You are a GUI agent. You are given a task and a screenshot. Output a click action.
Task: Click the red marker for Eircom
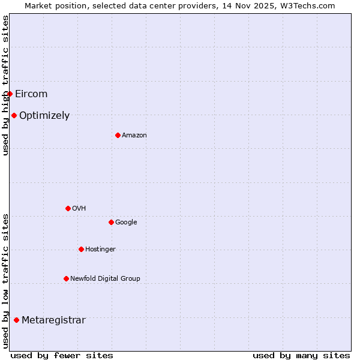pyautogui.click(x=10, y=94)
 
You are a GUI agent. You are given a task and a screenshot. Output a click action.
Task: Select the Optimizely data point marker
pyautogui.click(x=14, y=115)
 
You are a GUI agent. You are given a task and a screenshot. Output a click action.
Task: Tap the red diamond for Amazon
pyautogui.click(x=118, y=135)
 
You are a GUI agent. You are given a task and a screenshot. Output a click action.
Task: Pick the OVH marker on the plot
pyautogui.click(x=68, y=208)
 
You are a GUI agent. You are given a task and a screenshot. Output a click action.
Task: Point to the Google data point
pyautogui.click(x=111, y=222)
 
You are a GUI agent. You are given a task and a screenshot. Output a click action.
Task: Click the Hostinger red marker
pyautogui.click(x=81, y=249)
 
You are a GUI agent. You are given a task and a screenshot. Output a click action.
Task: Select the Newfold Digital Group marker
pyautogui.click(x=66, y=278)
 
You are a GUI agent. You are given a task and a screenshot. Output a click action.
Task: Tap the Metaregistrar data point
pyautogui.click(x=16, y=320)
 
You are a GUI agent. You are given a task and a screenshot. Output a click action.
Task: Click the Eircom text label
pyautogui.click(x=31, y=94)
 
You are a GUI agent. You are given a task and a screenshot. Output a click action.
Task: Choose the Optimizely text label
pyautogui.click(x=44, y=115)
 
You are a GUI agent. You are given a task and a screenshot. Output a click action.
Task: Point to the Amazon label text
pyautogui.click(x=134, y=135)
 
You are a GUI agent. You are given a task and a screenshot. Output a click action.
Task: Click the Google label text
pyautogui.click(x=126, y=222)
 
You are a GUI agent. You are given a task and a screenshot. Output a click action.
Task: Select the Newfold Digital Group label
pyautogui.click(x=105, y=278)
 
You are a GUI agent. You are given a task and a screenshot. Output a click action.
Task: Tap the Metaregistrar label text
pyautogui.click(x=53, y=320)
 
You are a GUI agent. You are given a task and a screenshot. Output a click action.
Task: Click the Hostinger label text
pyautogui.click(x=100, y=249)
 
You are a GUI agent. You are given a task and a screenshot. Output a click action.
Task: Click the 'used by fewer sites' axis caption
pyautogui.click(x=62, y=355)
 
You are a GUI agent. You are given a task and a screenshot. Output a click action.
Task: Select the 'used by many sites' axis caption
pyautogui.click(x=301, y=355)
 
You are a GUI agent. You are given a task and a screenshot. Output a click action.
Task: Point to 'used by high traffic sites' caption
pyautogui.click(x=5, y=85)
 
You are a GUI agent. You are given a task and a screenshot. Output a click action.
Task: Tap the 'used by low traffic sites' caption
pyautogui.click(x=5, y=280)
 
